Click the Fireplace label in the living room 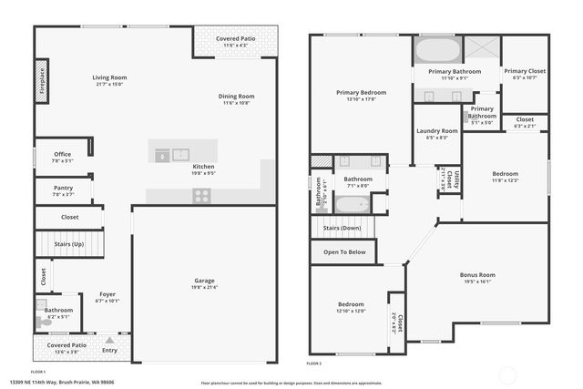click(41, 79)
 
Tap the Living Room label click(109, 77)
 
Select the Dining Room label click(236, 96)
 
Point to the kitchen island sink click(180, 155)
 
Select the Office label click(62, 154)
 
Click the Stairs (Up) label click(70, 244)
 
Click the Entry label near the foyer click(110, 350)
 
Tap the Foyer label click(107, 294)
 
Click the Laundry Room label click(437, 130)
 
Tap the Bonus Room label click(477, 274)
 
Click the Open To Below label click(344, 252)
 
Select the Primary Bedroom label click(361, 92)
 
